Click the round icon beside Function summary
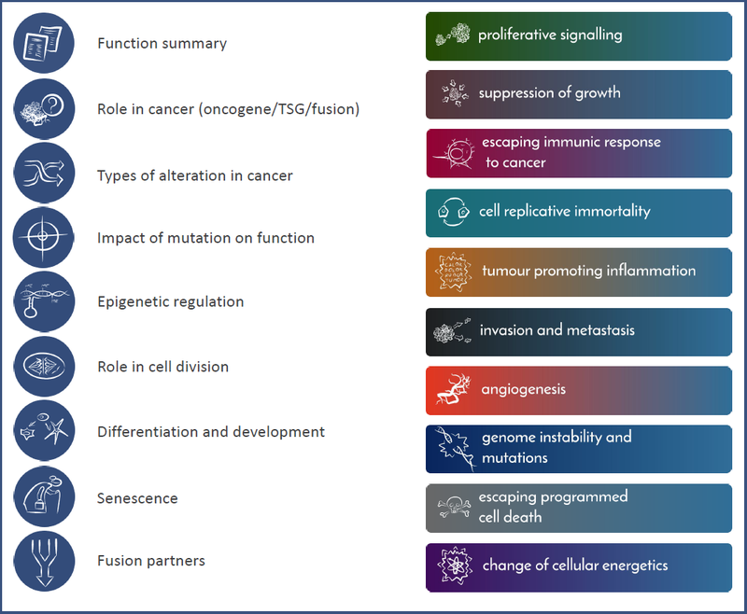pyautogui.click(x=44, y=43)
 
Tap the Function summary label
pyautogui.click(x=162, y=44)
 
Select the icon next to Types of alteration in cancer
pyautogui.click(x=44, y=174)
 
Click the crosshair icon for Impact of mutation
pyautogui.click(x=44, y=237)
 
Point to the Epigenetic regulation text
pyautogui.click(x=170, y=301)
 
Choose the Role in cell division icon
pyautogui.click(x=44, y=367)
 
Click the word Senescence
pyautogui.click(x=137, y=497)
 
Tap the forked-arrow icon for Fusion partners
pyautogui.click(x=44, y=562)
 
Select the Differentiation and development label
pyautogui.click(x=211, y=432)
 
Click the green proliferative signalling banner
pyautogui.click(x=578, y=35)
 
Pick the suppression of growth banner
pyautogui.click(x=578, y=93)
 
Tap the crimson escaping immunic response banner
pyautogui.click(x=578, y=152)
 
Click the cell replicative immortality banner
pyautogui.click(x=578, y=212)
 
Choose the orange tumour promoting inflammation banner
pyautogui.click(x=578, y=272)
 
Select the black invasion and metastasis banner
pyautogui.click(x=578, y=330)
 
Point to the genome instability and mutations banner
pyautogui.click(x=578, y=448)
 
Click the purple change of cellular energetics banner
pyautogui.click(x=578, y=566)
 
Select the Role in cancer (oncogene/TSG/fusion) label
pyautogui.click(x=228, y=109)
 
